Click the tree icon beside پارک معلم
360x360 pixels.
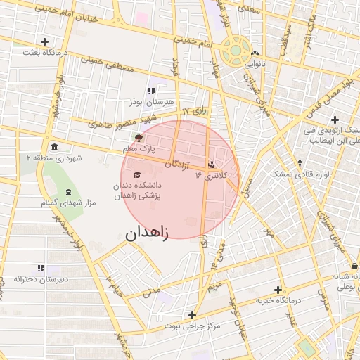[x=139, y=138]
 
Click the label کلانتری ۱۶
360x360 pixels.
[x=212, y=175]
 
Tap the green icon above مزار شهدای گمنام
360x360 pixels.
[x=68, y=192]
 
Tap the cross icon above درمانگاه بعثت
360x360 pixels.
[x=45, y=41]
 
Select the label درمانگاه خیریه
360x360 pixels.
[x=278, y=300]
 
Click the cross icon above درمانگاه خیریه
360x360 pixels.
[x=278, y=290]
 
